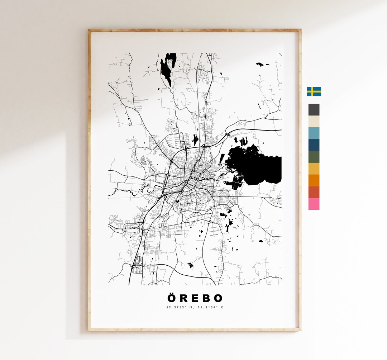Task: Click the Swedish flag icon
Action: pos(314,91)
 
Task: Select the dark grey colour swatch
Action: pos(314,110)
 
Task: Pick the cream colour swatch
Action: pos(314,121)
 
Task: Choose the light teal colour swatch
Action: pos(314,133)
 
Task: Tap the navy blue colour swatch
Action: pos(314,145)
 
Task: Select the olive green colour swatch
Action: pos(314,157)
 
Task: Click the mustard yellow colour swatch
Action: pos(314,169)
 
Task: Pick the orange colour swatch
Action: pos(314,180)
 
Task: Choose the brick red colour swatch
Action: pos(314,192)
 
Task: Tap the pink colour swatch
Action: pos(314,204)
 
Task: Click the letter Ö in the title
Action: pos(171,298)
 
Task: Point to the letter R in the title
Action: pos(184,298)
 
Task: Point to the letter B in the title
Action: pos(206,298)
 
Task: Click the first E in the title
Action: pos(195,298)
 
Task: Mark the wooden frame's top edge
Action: pos(195,31)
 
